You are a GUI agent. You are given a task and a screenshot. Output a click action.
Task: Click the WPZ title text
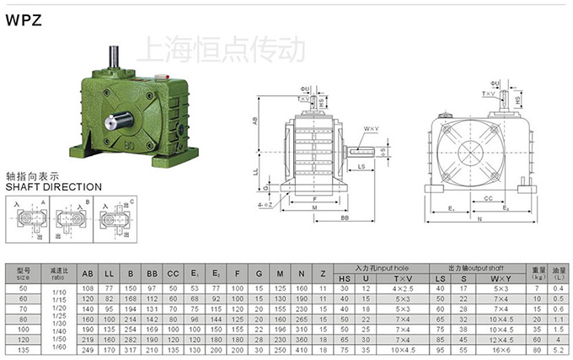pyautogui.click(x=24, y=24)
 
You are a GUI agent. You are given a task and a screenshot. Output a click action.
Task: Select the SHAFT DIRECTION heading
pyautogui.click(x=53, y=186)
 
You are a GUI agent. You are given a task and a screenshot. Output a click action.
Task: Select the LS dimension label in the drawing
pyautogui.click(x=361, y=167)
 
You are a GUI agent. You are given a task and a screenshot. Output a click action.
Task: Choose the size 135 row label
pyautogui.click(x=23, y=348)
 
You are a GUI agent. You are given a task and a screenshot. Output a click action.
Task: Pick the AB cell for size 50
pyautogui.click(x=87, y=288)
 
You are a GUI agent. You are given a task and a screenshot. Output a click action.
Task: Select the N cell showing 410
pyautogui.click(x=302, y=348)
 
